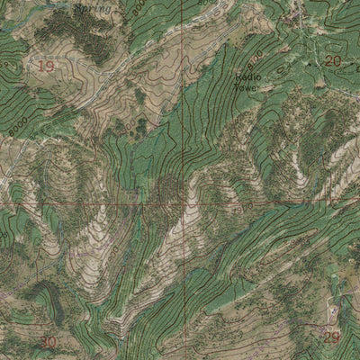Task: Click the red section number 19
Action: point(46,67)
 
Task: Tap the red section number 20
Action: point(333,61)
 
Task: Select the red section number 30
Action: point(49,342)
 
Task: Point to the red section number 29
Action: point(333,337)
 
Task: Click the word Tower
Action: point(246,87)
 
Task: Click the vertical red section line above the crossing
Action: point(184,108)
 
